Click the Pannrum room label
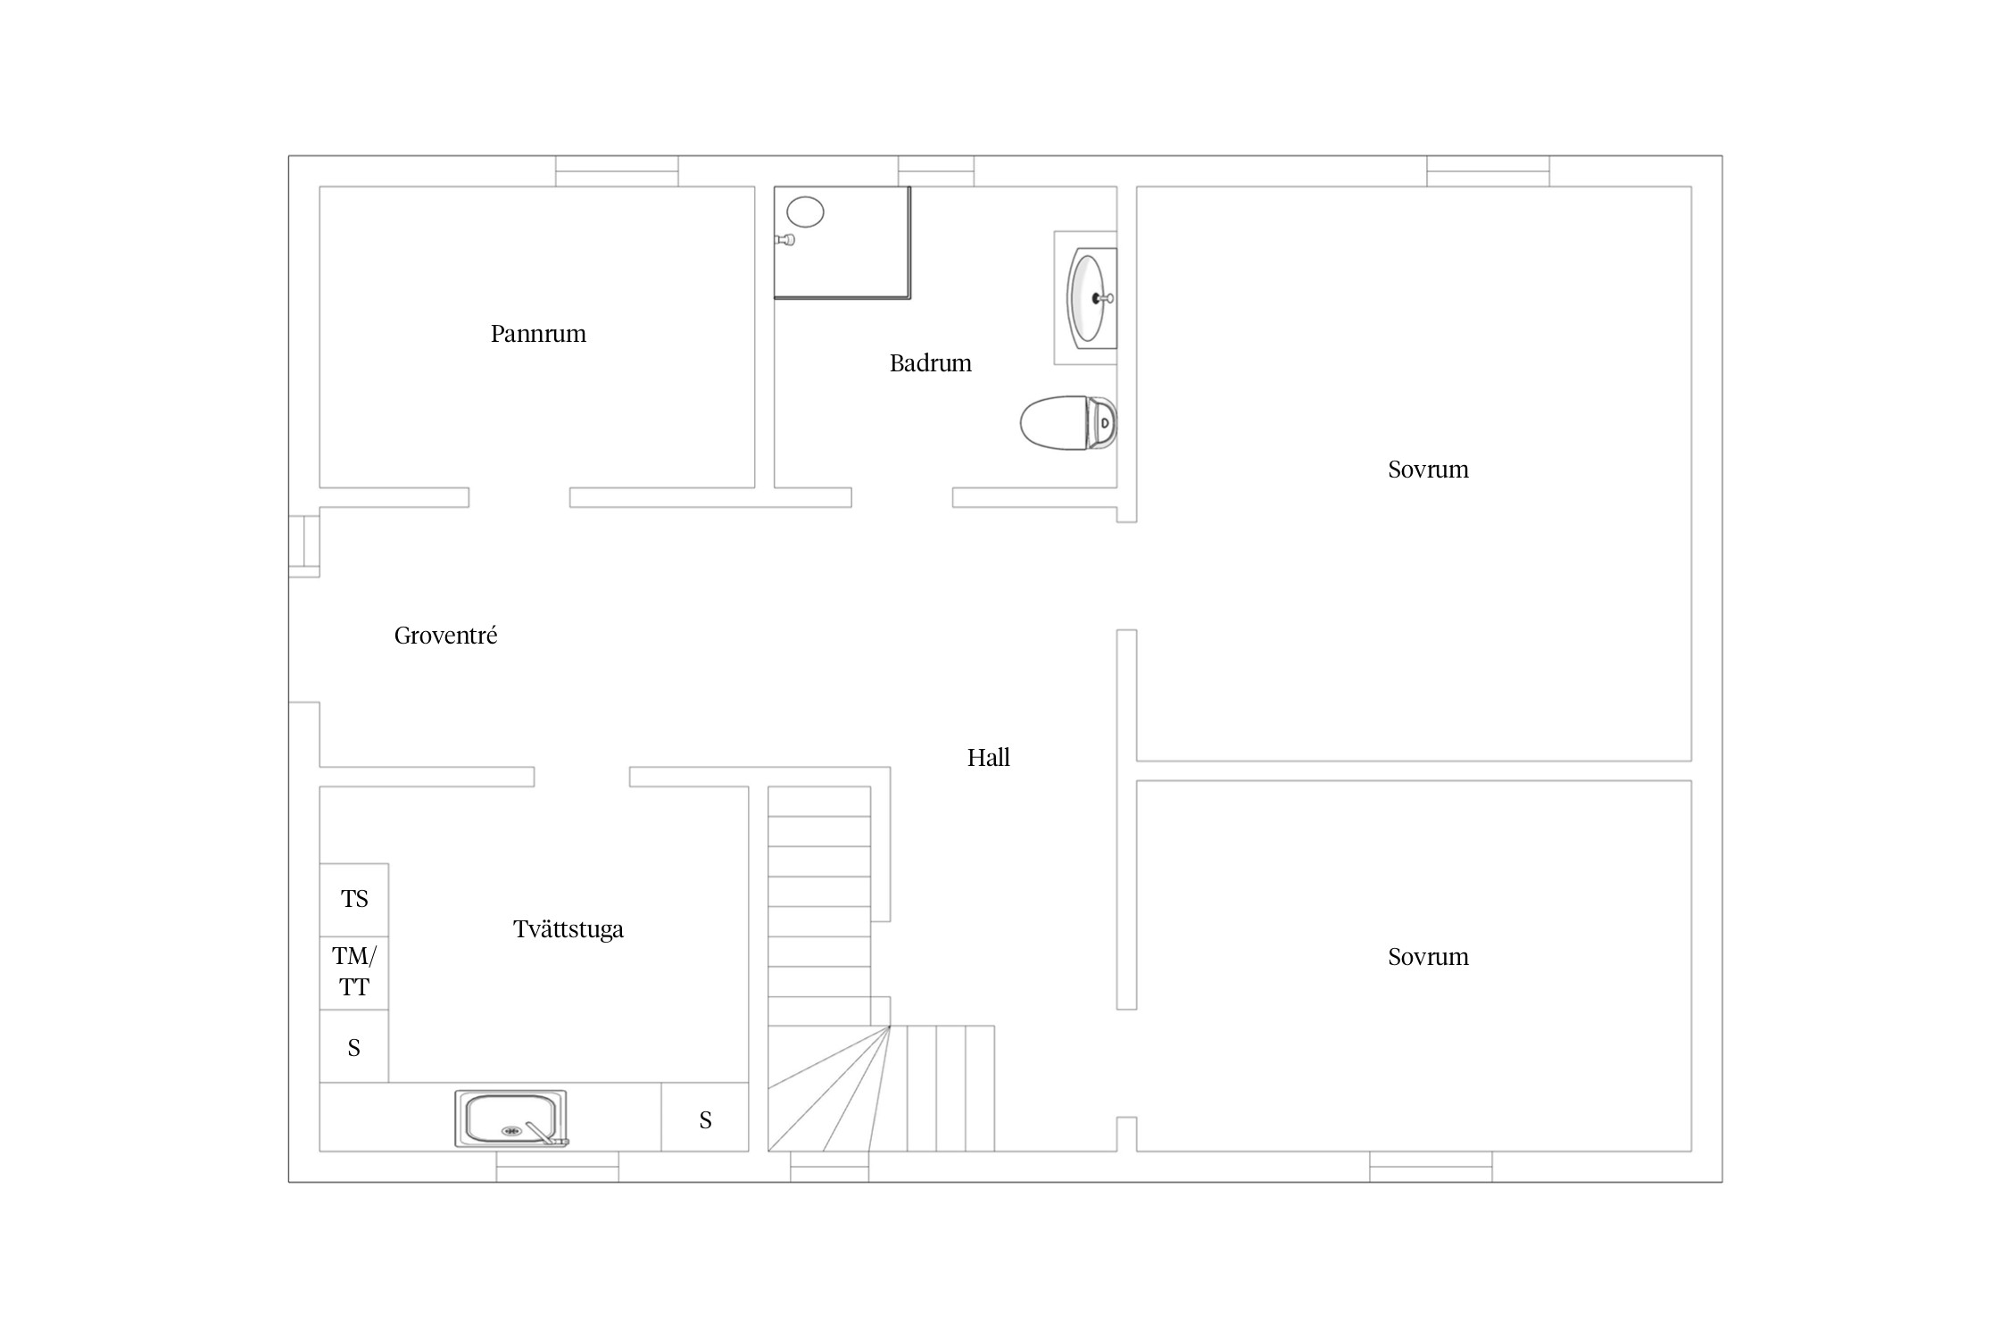pos(538,334)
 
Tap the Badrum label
pos(930,363)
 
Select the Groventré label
pos(445,636)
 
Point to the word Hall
pos(988,758)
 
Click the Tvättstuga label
pos(568,929)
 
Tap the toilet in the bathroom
pos(1068,422)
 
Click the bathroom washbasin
pos(1091,298)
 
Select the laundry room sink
pos(511,1119)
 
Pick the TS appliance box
pos(354,900)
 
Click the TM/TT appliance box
pos(354,973)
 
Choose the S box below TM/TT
pos(354,1046)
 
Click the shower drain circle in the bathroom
pos(805,212)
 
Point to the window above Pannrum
pos(617,171)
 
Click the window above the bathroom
pos(936,171)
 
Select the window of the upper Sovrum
pos(1488,171)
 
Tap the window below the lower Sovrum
pos(1431,1167)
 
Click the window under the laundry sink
pos(558,1167)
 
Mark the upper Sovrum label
pos(1428,470)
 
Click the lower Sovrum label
pos(1428,957)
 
